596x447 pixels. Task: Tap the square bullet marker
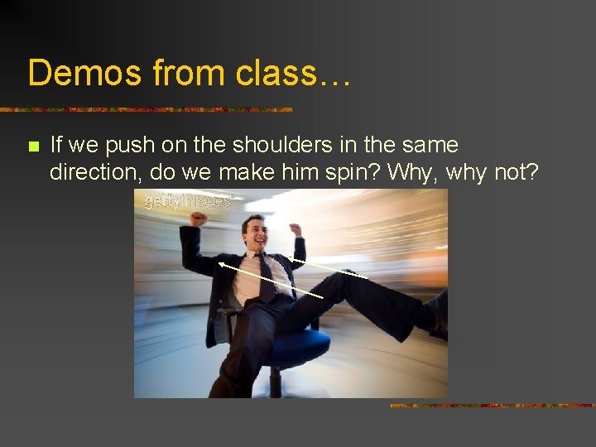click(33, 147)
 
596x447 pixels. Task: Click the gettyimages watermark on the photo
click(188, 201)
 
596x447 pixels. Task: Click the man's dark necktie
click(267, 277)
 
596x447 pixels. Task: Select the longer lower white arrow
click(270, 279)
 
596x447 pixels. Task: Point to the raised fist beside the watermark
click(199, 219)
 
